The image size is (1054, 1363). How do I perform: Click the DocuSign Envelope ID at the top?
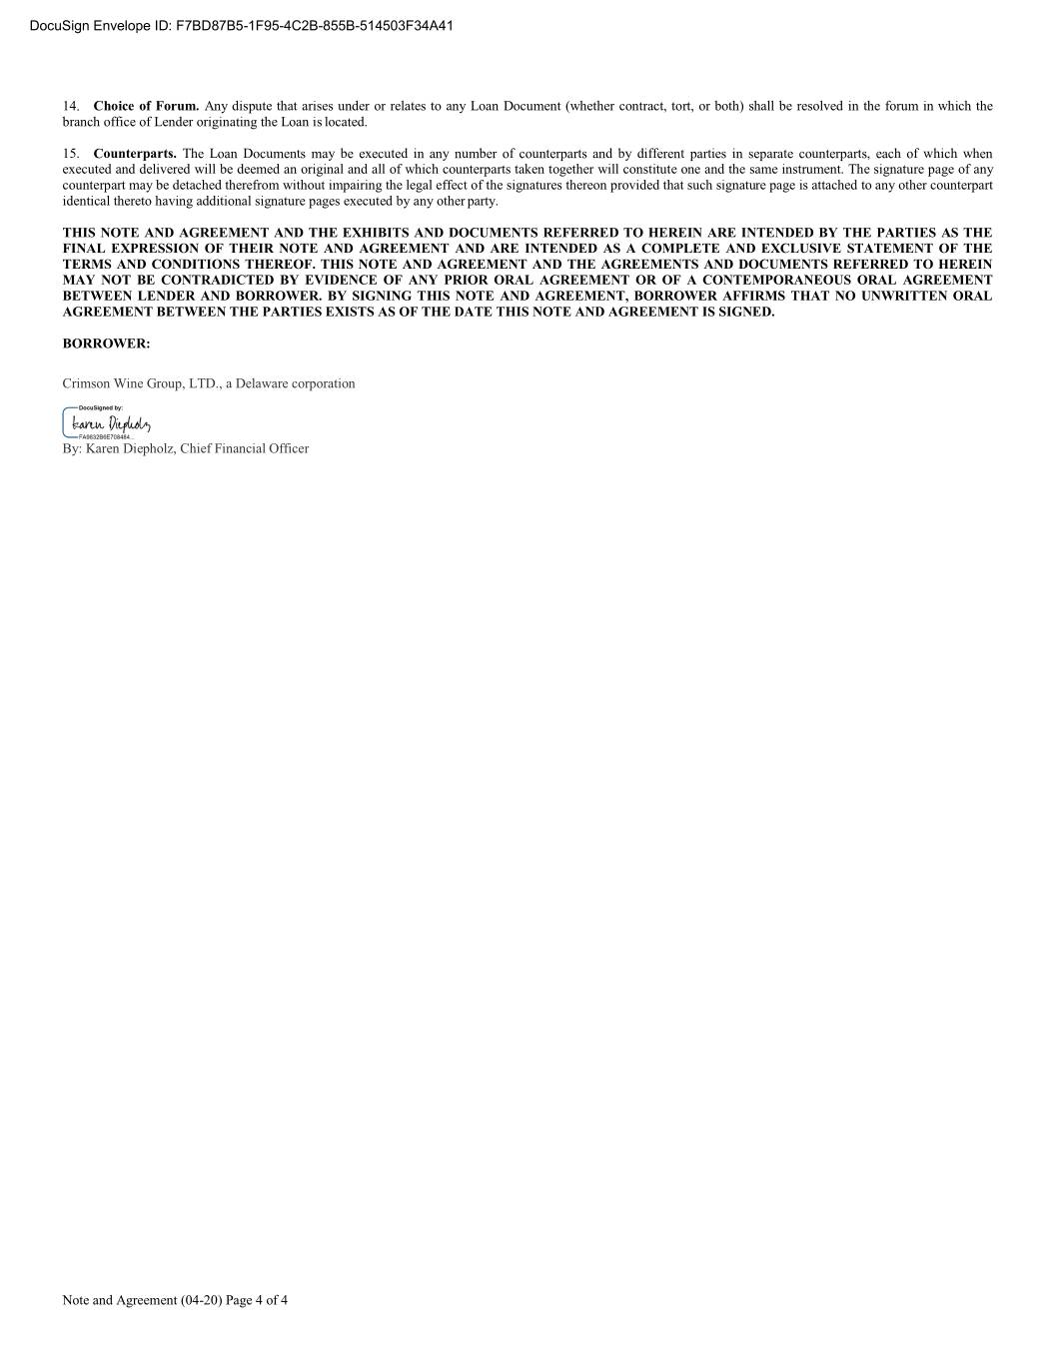pyautogui.click(x=241, y=26)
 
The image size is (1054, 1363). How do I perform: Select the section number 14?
pyautogui.click(x=70, y=106)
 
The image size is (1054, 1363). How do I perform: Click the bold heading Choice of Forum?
pyautogui.click(x=146, y=106)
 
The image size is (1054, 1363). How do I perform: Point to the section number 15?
pyautogui.click(x=70, y=154)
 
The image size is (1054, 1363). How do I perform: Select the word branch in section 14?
pyautogui.click(x=81, y=122)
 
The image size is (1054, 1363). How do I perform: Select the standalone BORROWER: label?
pyautogui.click(x=106, y=343)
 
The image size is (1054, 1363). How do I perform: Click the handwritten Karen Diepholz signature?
pyautogui.click(x=111, y=425)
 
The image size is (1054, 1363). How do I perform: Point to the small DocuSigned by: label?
pyautogui.click(x=101, y=408)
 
